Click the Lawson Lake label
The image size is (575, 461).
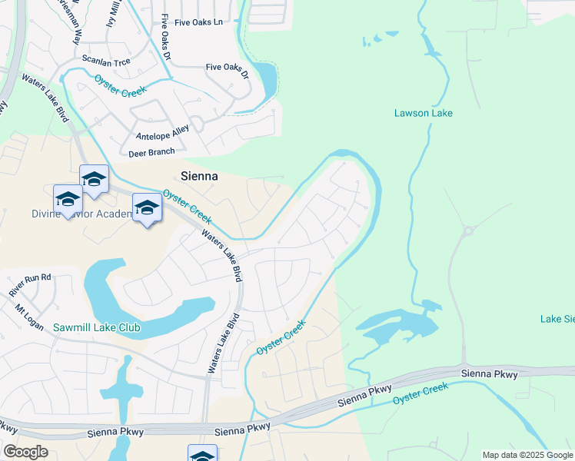[x=423, y=113]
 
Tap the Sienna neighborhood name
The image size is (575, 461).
[x=198, y=176]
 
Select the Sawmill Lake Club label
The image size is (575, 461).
[x=97, y=327]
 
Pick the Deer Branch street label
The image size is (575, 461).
[x=151, y=153]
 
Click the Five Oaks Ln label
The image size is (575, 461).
[x=198, y=22]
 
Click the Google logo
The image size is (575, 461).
[x=25, y=452]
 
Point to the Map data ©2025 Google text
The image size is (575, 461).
[x=527, y=455]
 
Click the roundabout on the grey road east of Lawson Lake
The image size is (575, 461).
[x=468, y=230]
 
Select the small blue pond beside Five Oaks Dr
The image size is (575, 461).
[x=267, y=77]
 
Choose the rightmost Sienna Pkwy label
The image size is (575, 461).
[x=490, y=374]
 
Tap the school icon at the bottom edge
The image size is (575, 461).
[x=202, y=455]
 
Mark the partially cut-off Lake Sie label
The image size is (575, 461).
[x=557, y=319]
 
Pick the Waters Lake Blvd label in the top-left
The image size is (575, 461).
[x=45, y=94]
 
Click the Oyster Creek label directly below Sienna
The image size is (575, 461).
[x=187, y=206]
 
